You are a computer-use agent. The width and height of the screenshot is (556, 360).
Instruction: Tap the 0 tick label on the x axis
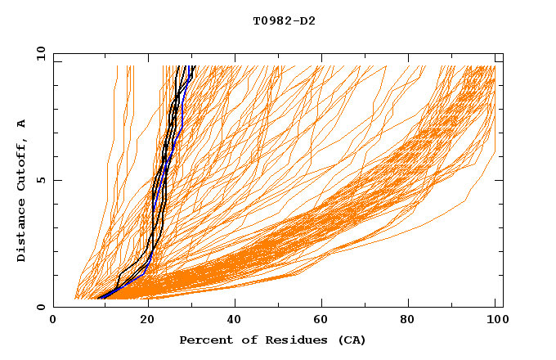pos(53,321)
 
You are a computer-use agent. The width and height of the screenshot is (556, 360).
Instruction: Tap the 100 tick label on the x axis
pos(495,321)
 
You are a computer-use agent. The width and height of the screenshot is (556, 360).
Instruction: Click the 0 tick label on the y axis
pos(40,308)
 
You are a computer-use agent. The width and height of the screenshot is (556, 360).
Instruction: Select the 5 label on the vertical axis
pos(40,180)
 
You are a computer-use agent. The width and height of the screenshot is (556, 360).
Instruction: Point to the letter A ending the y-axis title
pos(22,124)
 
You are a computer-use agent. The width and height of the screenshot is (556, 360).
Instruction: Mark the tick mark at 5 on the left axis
pos(56,180)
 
